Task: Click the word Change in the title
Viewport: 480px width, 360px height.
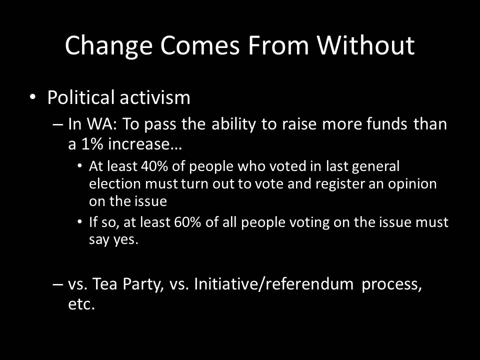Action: tap(108, 46)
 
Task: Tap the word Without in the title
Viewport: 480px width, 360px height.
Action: tap(365, 45)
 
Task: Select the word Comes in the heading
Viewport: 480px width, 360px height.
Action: tap(199, 45)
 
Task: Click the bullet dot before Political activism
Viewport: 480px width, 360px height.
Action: tap(33, 97)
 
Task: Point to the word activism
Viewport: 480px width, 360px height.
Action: tap(155, 97)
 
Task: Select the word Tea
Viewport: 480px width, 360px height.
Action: tap(104, 284)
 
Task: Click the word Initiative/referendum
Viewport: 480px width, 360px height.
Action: tap(273, 284)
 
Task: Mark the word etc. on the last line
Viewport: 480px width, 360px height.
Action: tap(81, 304)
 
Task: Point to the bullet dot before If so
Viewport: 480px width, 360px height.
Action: tap(80, 221)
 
